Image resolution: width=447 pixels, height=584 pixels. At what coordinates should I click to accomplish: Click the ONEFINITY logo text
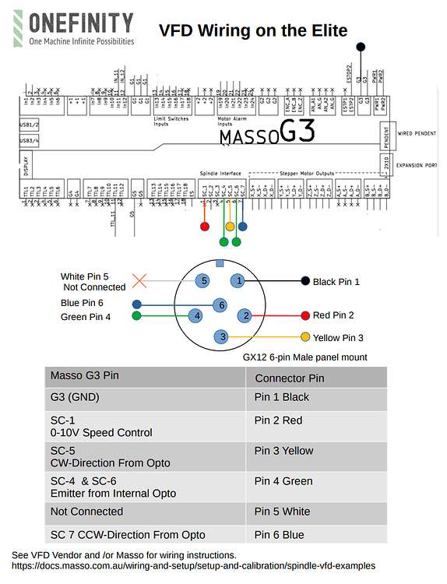[80, 22]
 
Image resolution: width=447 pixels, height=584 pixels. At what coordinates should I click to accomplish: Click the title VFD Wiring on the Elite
[253, 30]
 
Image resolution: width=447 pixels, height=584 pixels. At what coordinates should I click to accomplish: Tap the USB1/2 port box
[29, 125]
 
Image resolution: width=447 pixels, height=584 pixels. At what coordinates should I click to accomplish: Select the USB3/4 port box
[29, 141]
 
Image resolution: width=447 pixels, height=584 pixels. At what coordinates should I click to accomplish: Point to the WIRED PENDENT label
[416, 134]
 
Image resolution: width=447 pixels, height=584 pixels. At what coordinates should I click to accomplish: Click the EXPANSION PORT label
[417, 165]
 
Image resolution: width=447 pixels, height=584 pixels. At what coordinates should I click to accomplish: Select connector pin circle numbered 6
[222, 305]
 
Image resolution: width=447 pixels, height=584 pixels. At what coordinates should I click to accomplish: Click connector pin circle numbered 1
[240, 280]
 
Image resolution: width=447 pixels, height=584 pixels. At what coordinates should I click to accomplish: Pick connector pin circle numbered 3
[223, 336]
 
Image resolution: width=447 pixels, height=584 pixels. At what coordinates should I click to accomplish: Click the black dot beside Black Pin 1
[305, 281]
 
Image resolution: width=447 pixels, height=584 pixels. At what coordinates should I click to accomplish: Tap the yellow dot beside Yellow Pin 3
[305, 337]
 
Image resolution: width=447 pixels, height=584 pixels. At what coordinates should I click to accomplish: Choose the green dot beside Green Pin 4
[137, 316]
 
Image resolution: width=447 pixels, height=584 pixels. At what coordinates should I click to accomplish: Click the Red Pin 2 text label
[333, 315]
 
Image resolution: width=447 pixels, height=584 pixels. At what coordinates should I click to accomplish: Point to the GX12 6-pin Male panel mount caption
[305, 357]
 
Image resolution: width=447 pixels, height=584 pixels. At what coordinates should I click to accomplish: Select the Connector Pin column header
[289, 378]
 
